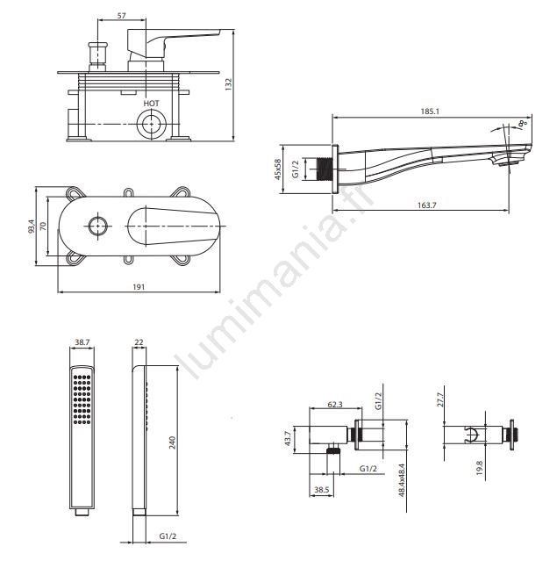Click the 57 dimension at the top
coord(122,16)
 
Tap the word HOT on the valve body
coord(151,104)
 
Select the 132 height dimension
coord(229,84)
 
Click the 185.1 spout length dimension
coord(430,111)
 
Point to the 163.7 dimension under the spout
coord(427,205)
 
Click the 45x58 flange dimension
coord(278,169)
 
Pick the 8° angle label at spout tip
coord(523,124)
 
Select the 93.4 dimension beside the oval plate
coord(32,227)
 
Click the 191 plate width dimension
coord(139,286)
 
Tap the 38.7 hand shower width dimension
coord(82,342)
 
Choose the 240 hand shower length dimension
coord(172,442)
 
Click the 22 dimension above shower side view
coord(139,342)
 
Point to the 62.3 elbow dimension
coord(335,405)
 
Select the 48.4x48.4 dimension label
coord(402,480)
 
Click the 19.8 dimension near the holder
coord(480,468)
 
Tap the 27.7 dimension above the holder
coord(440,399)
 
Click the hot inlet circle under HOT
coord(152,124)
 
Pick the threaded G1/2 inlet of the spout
coord(325,169)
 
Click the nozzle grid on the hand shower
coord(82,399)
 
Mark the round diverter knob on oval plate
coord(98,227)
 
